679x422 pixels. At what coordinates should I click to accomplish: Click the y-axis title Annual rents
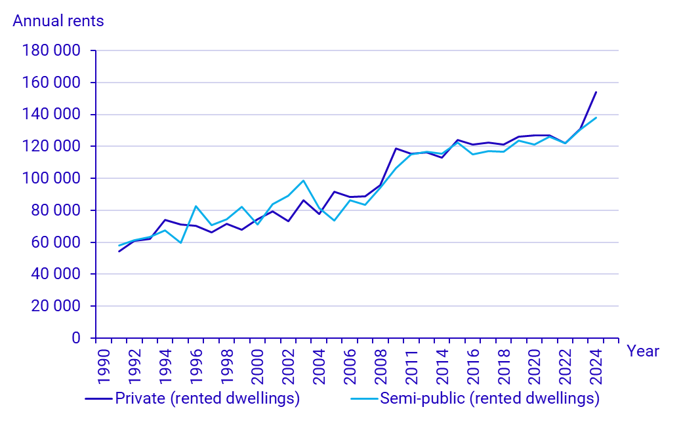point(58,21)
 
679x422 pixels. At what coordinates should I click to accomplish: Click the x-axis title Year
point(643,351)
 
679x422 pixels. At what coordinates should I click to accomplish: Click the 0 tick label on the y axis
point(75,339)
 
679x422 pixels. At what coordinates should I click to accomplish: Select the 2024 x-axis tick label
point(596,364)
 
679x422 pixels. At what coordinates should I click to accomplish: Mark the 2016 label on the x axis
point(473,364)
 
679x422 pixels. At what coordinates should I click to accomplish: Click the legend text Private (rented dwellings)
point(207,398)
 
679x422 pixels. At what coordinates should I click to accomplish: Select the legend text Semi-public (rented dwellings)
point(490,398)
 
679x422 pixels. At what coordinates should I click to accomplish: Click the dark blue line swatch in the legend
point(99,398)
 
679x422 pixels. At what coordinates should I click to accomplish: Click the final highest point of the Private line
point(596,92)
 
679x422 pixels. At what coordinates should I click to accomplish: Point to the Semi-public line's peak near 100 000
point(304,180)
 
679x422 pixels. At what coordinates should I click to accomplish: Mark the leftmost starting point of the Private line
point(119,252)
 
